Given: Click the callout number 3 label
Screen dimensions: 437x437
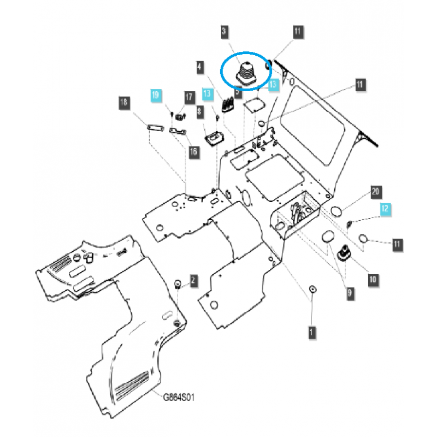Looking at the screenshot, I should point(225,32).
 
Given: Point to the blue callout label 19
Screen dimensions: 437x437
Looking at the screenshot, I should point(156,95).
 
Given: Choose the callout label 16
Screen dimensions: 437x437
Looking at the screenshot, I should point(193,151).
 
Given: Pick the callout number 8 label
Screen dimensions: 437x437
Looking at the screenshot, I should point(199,112).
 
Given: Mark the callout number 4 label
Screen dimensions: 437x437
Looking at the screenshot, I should point(199,67).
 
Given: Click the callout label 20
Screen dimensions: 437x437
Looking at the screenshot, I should point(375,192).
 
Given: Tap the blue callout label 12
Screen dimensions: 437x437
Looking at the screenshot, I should point(386,208).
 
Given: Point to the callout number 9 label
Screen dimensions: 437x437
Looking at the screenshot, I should point(349,293).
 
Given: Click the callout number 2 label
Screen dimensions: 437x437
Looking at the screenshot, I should point(192,281).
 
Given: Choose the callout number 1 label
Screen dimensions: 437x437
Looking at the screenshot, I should point(312,332).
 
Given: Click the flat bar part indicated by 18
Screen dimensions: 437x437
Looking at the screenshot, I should point(155,128).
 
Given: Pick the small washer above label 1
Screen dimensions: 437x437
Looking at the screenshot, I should point(312,289).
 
